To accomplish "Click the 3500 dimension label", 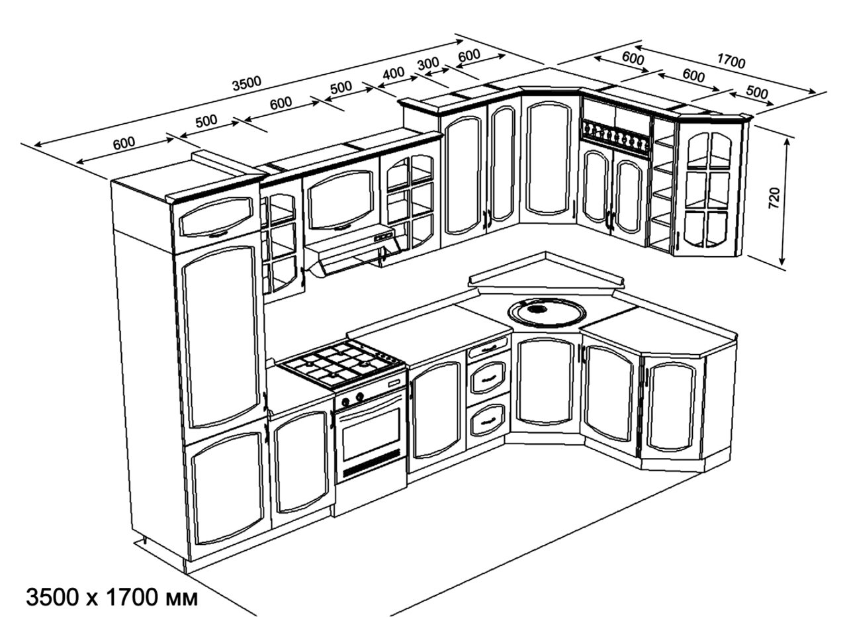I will point(247,83).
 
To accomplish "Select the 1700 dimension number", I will point(731,62).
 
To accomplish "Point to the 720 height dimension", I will point(775,199).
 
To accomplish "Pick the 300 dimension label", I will point(429,63).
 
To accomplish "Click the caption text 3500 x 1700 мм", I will point(112,598).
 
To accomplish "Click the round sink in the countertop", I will point(547,312).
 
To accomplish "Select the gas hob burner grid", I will point(341,363).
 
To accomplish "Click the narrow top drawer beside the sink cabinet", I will point(488,348).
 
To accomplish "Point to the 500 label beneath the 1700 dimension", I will point(756,92).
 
